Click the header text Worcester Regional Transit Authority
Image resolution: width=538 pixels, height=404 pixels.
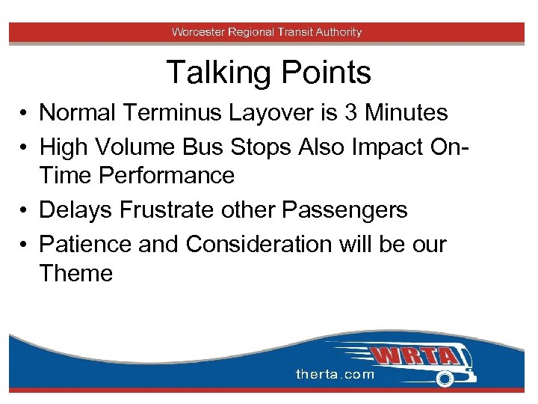pos(267,32)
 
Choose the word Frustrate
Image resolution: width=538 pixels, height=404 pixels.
pos(174,210)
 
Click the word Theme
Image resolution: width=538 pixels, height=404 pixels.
pos(75,273)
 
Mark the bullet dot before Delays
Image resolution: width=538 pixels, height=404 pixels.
pos(25,211)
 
